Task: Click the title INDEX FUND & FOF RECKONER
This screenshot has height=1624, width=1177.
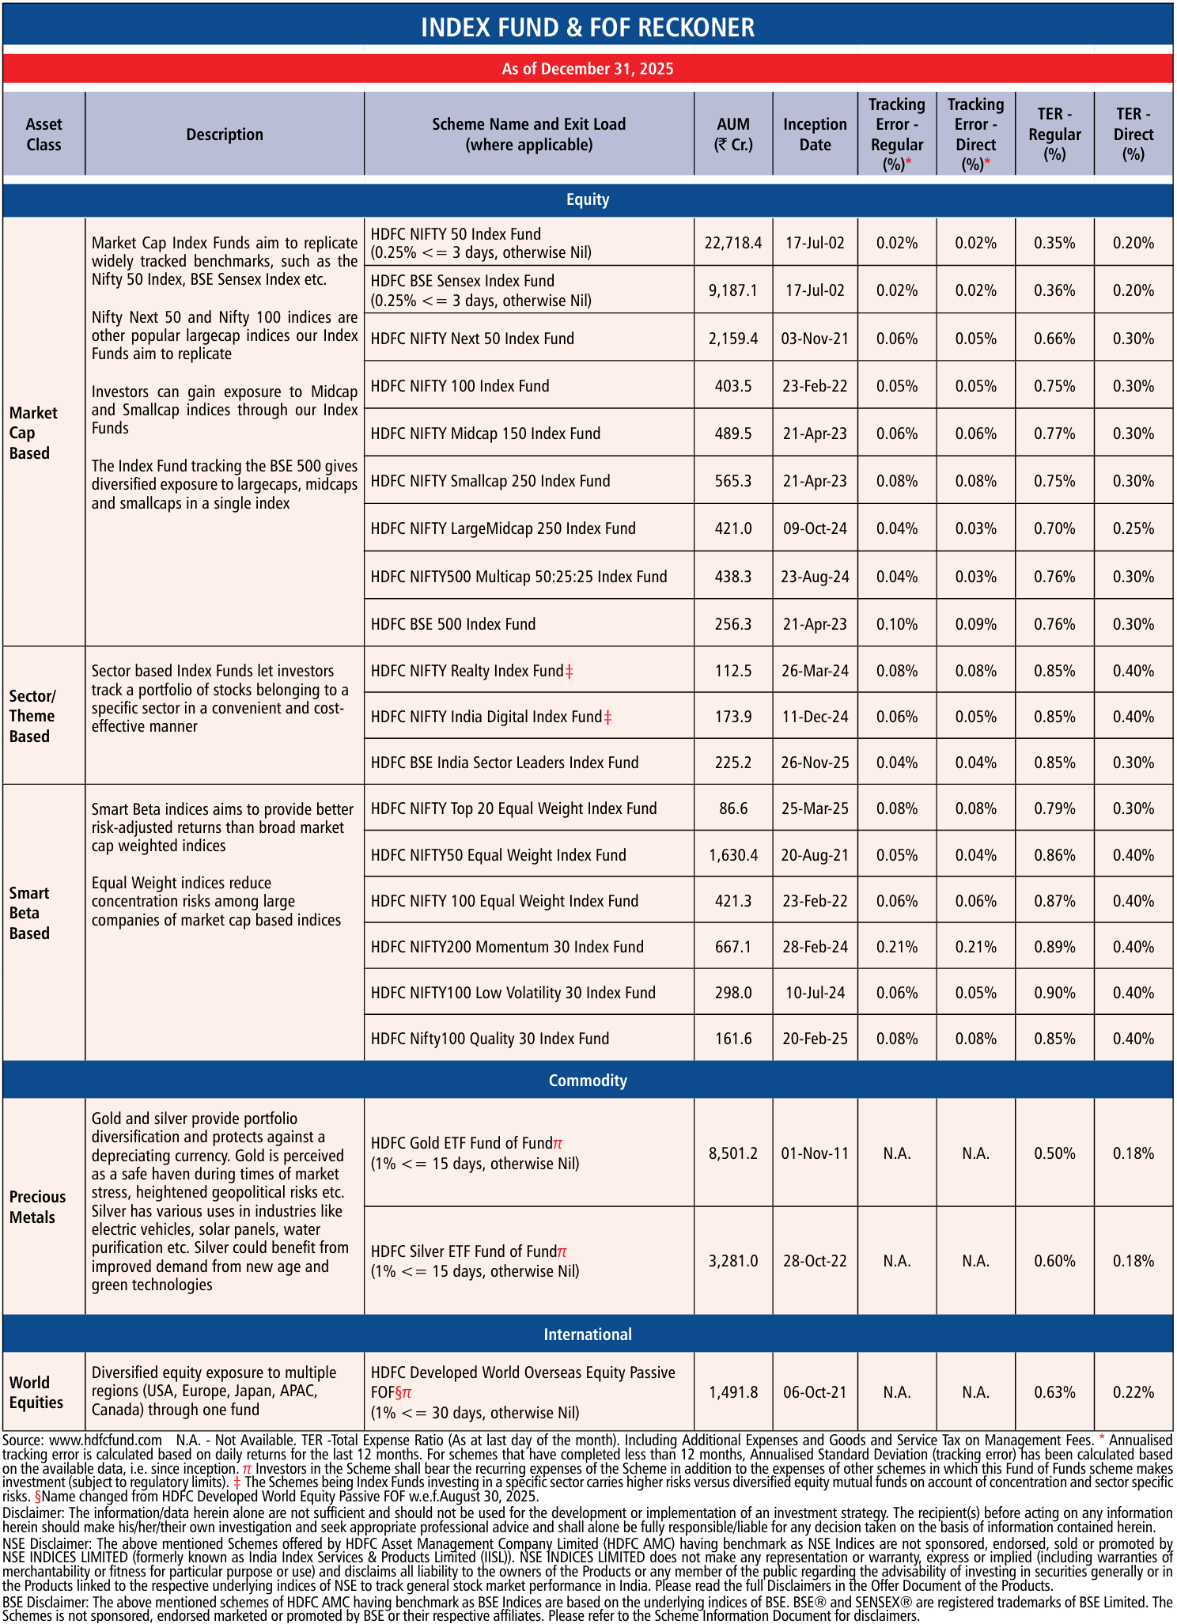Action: pyautogui.click(x=588, y=28)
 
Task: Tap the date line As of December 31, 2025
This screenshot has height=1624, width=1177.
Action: pyautogui.click(x=588, y=69)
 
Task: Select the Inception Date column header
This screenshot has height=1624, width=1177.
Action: pyautogui.click(x=815, y=134)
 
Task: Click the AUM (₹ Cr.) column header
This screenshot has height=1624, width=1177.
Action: pyautogui.click(x=733, y=134)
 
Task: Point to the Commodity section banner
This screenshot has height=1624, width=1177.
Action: pyautogui.click(x=588, y=1081)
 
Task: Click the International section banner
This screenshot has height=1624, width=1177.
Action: pyautogui.click(x=588, y=1334)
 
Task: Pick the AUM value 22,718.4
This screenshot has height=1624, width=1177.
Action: pyautogui.click(x=733, y=243)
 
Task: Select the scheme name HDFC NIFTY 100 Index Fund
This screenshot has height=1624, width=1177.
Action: pyautogui.click(x=460, y=386)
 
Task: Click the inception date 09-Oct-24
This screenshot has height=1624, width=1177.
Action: pyautogui.click(x=815, y=528)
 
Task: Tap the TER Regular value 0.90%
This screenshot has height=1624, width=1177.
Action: pyautogui.click(x=1054, y=993)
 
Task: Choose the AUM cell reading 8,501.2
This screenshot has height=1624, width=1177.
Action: pyautogui.click(x=733, y=1153)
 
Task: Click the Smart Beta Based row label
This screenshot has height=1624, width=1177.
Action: pyautogui.click(x=30, y=913)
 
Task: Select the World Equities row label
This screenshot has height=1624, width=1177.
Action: pyautogui.click(x=36, y=1392)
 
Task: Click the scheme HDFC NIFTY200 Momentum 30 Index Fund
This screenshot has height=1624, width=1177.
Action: pyautogui.click(x=507, y=947)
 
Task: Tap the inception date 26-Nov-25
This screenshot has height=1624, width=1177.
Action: pyautogui.click(x=815, y=763)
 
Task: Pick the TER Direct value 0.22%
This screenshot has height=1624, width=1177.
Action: pyautogui.click(x=1133, y=1392)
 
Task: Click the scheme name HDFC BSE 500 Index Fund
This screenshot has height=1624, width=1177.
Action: pyautogui.click(x=453, y=624)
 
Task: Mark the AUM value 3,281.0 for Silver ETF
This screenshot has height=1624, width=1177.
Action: pyautogui.click(x=733, y=1261)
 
